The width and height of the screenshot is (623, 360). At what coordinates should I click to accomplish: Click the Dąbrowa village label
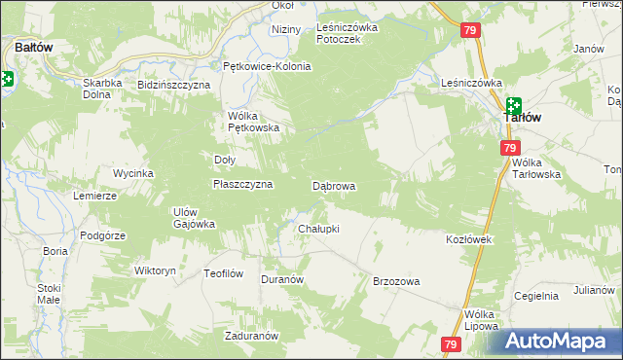pyautogui.click(x=333, y=185)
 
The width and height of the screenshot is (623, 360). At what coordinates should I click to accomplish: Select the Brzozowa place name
pyautogui.click(x=396, y=281)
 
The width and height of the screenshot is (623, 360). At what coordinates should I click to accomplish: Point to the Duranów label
pyautogui.click(x=283, y=278)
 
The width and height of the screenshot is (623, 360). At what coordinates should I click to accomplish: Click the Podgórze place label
pyautogui.click(x=102, y=234)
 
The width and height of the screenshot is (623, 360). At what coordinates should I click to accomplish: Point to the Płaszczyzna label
pyautogui.click(x=242, y=183)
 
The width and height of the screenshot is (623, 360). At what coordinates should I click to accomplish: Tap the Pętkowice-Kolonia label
pyautogui.click(x=267, y=66)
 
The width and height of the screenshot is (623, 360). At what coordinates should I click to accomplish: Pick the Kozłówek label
pyautogui.click(x=471, y=239)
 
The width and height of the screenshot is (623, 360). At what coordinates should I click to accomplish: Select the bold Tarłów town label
pyautogui.click(x=522, y=118)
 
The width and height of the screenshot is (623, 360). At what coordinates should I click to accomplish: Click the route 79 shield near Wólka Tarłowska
pyautogui.click(x=509, y=148)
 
